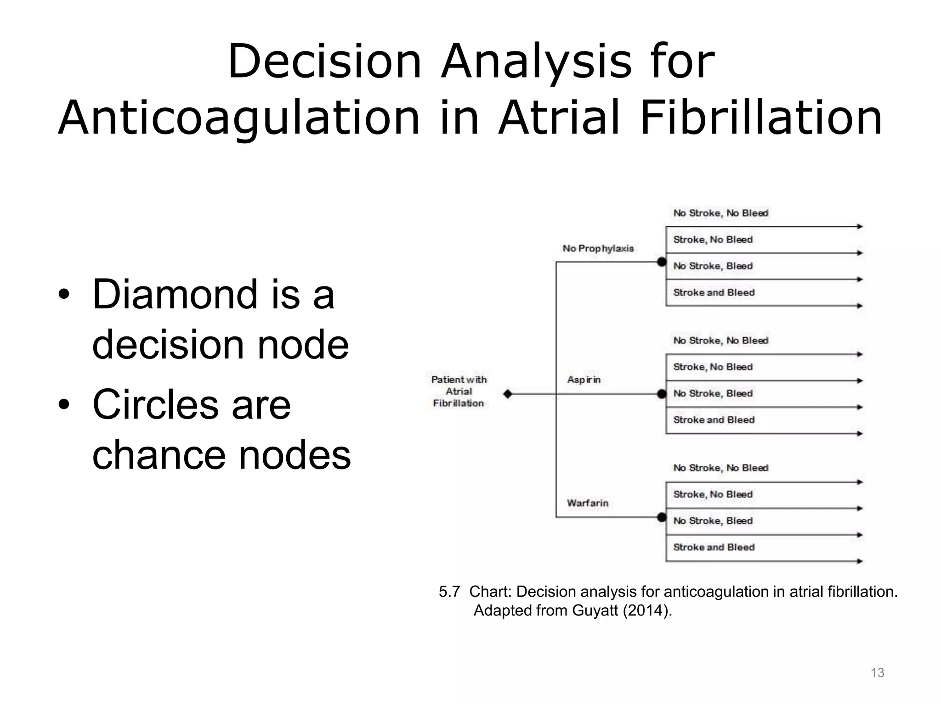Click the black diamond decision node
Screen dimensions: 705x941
(507, 394)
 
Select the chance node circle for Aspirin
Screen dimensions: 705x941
(661, 394)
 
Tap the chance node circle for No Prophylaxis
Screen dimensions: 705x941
(661, 262)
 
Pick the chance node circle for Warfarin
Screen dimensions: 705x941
(661, 517)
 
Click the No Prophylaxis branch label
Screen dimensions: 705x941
(598, 248)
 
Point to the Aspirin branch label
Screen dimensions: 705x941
(584, 380)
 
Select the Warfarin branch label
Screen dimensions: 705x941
(587, 503)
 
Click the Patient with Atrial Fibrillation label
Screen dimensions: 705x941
(459, 392)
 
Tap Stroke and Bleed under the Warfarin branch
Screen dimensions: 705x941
(714, 547)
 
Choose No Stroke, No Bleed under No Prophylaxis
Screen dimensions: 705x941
(720, 213)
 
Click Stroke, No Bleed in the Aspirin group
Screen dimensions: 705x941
(713, 367)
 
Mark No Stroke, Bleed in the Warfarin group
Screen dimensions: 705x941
(713, 520)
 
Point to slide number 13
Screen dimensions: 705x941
(877, 673)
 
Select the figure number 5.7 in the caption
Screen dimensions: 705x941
(449, 592)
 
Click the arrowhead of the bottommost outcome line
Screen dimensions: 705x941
(860, 561)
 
